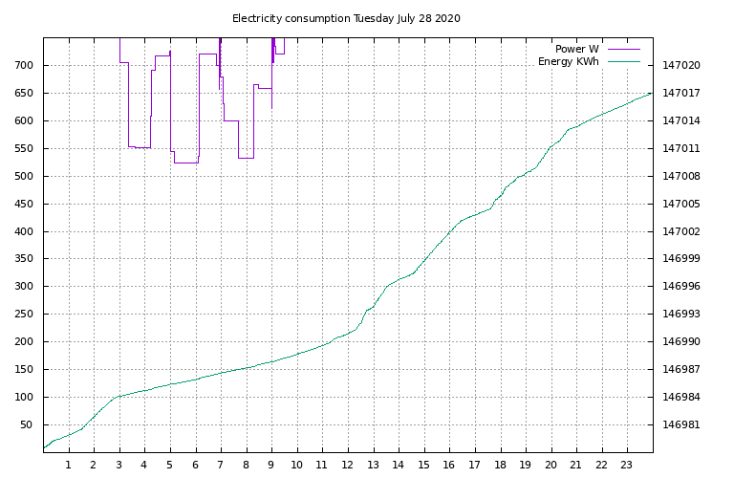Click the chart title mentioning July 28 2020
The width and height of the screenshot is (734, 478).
point(346,19)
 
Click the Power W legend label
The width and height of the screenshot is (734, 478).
point(576,49)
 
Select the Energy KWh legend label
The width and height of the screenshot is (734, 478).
point(569,61)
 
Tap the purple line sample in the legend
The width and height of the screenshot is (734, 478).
point(624,49)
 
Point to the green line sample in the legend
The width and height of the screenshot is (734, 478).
point(624,61)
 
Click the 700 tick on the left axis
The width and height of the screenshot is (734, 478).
point(24,65)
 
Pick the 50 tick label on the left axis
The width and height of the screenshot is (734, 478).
point(27,424)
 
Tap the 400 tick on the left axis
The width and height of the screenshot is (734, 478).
point(24,231)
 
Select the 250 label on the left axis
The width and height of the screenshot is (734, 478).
point(24,314)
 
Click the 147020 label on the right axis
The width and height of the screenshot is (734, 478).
point(681,65)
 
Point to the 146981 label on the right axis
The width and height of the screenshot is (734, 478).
point(681,424)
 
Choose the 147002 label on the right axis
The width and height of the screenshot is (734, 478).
point(681,231)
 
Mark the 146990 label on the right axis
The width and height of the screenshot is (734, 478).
point(681,341)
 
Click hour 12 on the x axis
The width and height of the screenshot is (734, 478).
point(347,465)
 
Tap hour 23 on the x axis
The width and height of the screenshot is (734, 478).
point(626,465)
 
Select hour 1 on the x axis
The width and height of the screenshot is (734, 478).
point(69,465)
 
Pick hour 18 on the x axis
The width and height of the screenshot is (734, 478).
point(500,465)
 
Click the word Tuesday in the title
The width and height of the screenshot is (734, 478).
point(374,19)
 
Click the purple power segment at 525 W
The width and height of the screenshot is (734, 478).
point(186,163)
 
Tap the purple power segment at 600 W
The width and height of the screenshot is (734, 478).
point(231,120)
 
